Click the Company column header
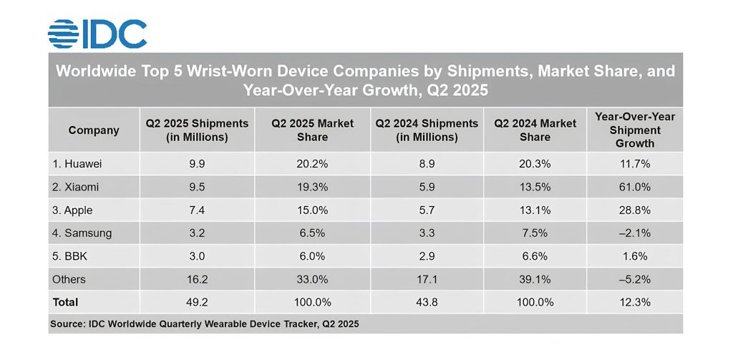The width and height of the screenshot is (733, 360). [94, 130]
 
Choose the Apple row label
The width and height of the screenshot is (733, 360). [73, 210]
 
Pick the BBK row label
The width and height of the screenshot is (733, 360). [70, 256]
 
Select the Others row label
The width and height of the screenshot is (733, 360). [68, 279]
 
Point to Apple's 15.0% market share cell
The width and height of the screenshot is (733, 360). [312, 210]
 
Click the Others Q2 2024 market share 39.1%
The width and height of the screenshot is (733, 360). [535, 279]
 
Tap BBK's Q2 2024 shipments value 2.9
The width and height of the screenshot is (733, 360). [427, 256]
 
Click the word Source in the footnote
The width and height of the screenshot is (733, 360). [67, 324]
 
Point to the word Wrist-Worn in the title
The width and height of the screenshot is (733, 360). [218, 72]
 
